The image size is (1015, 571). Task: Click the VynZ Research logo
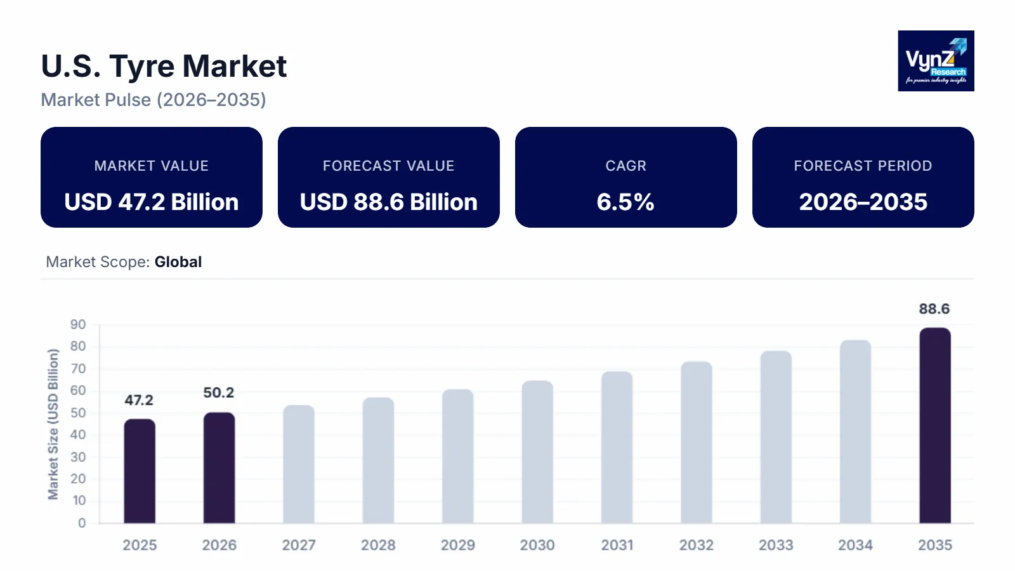click(x=936, y=61)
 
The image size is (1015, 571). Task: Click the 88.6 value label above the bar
click(x=934, y=309)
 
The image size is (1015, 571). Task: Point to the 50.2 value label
click(x=219, y=393)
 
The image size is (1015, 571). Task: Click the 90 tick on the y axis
click(x=78, y=325)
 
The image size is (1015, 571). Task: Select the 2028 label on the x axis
click(x=378, y=545)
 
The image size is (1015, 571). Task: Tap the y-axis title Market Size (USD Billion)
click(x=53, y=424)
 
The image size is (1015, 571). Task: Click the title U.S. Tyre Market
click(x=164, y=67)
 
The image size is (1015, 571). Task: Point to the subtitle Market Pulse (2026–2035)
click(x=154, y=100)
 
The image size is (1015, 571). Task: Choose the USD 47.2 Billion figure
click(x=152, y=202)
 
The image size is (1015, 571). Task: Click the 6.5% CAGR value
click(x=625, y=202)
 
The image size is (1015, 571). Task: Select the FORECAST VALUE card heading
click(x=388, y=166)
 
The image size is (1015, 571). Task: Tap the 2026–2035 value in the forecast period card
click(x=863, y=202)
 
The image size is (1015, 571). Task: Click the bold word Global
click(x=178, y=262)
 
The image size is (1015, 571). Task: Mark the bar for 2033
click(x=776, y=437)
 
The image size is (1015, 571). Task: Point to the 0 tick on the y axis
click(x=82, y=523)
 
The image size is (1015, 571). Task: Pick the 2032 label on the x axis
click(x=697, y=545)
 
